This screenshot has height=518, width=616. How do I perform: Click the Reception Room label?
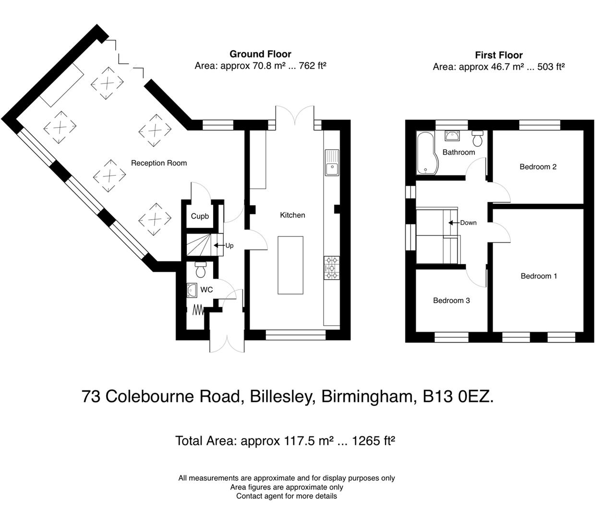click(x=159, y=163)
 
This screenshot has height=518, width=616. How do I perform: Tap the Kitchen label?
click(x=292, y=215)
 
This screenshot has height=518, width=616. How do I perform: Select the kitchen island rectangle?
click(x=290, y=265)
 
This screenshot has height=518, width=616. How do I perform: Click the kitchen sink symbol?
click(x=331, y=169)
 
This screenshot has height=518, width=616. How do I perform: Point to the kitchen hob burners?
click(x=331, y=268)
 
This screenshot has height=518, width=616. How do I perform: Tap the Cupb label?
click(x=200, y=216)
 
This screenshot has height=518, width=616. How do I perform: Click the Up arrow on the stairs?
click(x=219, y=246)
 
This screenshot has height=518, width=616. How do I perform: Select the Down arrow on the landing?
click(x=452, y=223)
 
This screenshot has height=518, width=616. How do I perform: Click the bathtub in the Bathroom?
click(x=424, y=153)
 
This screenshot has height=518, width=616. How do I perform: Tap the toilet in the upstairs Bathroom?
click(x=477, y=139)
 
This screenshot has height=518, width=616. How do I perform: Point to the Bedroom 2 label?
click(x=538, y=167)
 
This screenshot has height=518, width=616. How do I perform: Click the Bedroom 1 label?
click(x=539, y=276)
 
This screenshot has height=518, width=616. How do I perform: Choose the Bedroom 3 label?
click(x=451, y=301)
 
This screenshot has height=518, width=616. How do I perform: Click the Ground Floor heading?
click(x=260, y=54)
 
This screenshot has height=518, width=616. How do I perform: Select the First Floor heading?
click(x=498, y=55)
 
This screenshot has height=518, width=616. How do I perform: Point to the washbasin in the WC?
click(x=193, y=289)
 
